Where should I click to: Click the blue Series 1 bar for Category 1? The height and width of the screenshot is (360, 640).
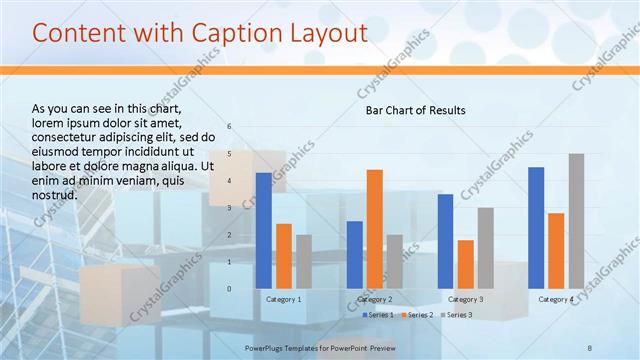[x=263, y=231]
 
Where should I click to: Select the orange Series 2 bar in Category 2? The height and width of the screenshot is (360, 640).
[x=374, y=229]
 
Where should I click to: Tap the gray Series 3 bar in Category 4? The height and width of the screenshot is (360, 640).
[x=576, y=221]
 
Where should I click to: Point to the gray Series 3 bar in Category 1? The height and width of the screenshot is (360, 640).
[x=304, y=262]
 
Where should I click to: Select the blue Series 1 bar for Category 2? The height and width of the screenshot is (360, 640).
[x=354, y=255]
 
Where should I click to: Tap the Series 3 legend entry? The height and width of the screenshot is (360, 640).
[x=457, y=315]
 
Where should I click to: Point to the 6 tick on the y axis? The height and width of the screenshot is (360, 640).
[x=230, y=127]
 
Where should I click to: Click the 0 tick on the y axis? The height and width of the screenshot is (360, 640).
[x=230, y=289]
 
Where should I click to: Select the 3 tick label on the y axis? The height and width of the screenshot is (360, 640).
[x=230, y=208]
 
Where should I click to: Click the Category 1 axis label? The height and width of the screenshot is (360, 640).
[x=284, y=299]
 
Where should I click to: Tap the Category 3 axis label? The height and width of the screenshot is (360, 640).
[x=465, y=299]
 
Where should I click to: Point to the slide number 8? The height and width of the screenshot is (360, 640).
[x=590, y=347]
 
